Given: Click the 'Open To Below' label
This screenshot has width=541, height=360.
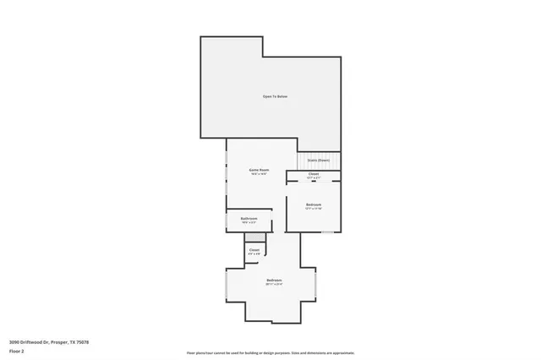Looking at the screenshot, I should coord(275,97).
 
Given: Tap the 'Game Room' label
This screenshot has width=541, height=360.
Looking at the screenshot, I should coord(259,170).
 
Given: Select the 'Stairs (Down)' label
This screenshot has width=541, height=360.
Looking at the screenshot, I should coord(318,160).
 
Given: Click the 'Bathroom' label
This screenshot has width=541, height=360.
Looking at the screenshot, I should coord(249,219).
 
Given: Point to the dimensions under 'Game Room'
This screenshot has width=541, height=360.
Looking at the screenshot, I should coord(259,174).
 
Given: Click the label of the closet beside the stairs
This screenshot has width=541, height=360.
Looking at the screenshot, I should coord(313,174).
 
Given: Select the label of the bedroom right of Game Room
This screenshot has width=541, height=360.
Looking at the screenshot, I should coord(313,204).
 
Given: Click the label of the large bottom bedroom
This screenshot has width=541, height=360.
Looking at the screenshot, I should coord(274,280).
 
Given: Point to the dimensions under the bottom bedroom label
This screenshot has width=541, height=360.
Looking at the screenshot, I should coord(274,284).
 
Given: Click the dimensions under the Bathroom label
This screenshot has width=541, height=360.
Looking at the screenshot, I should coord(249,223).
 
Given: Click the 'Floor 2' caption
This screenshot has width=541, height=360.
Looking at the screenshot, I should coord(16,351).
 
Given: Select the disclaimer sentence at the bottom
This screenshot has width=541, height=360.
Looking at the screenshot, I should coord(270,353).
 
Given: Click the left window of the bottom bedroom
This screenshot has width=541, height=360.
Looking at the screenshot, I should coord(226,285).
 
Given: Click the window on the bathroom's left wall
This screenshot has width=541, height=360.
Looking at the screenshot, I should coord(226,220).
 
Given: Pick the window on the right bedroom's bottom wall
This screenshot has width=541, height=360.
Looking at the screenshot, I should coord(327,232).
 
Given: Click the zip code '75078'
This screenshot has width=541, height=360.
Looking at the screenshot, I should coord(82,342).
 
